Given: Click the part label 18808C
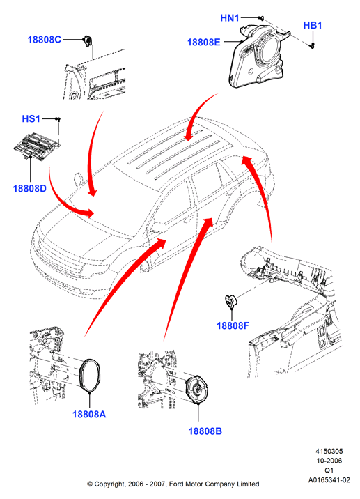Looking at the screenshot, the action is point(44,40).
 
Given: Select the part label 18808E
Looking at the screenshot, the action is point(203,42).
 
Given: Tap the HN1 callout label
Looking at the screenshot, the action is point(230,18).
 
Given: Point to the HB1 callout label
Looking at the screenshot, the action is point(312,26).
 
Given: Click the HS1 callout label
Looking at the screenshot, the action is point(31,118).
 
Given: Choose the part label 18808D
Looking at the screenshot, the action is point(29,188).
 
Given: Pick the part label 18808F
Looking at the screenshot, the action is point(233,325).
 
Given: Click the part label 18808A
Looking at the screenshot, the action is point(89,414).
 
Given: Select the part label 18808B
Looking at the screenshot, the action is point(205,431).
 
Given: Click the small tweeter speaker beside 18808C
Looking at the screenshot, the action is point(87,41).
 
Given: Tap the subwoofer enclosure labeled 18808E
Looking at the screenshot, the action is point(259,56).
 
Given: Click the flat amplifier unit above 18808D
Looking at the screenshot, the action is point(37,146).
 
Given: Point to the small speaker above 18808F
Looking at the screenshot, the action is point(231,301).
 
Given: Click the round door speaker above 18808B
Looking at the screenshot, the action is point(197,390).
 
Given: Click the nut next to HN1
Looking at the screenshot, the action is point(261,18).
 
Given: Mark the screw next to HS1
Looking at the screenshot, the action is point(58,119).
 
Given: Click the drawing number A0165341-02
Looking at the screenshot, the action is point(329,480).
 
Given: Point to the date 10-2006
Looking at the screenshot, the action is point(329,461).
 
